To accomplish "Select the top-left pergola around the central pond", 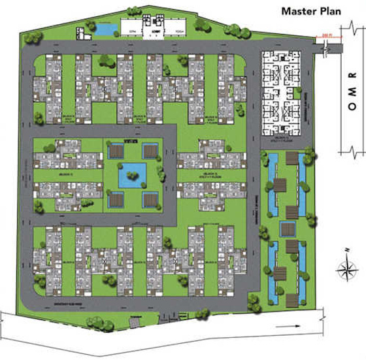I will tap(116, 152).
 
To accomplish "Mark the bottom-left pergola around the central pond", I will tap(116, 198).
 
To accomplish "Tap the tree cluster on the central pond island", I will tap(134, 171).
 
